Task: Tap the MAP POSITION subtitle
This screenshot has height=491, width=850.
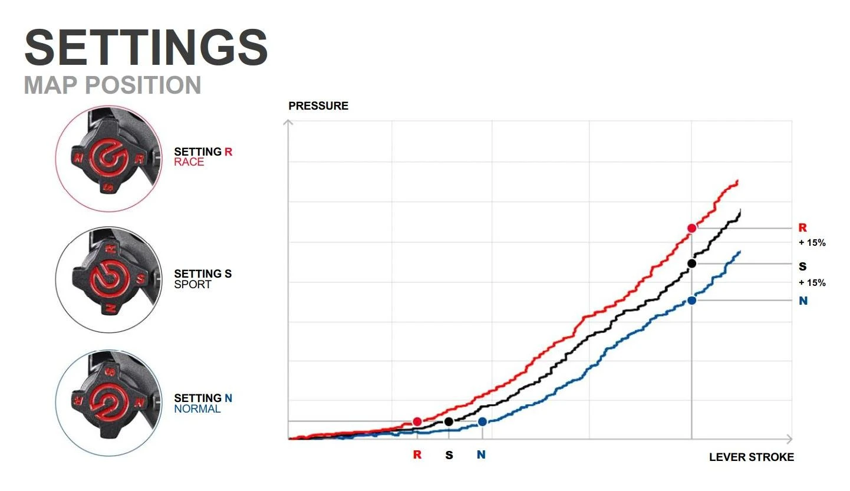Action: pyautogui.click(x=113, y=85)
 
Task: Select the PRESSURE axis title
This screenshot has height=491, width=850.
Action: pyautogui.click(x=318, y=106)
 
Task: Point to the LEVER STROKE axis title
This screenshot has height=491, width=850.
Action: pyautogui.click(x=752, y=457)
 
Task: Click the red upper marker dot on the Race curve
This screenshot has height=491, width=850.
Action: pyautogui.click(x=692, y=228)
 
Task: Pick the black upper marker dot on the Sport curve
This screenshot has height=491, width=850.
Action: pyautogui.click(x=692, y=263)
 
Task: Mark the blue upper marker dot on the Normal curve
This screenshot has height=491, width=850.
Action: pyautogui.click(x=692, y=301)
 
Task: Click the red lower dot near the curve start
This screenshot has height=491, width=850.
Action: pyautogui.click(x=417, y=421)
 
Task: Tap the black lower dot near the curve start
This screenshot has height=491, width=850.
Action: pyautogui.click(x=449, y=421)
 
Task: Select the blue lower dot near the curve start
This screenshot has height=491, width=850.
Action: pyautogui.click(x=482, y=421)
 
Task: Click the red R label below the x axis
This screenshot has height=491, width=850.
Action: pyautogui.click(x=417, y=455)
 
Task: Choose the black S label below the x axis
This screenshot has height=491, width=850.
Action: pyautogui.click(x=449, y=455)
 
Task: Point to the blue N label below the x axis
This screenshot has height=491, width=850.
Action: pyautogui.click(x=482, y=455)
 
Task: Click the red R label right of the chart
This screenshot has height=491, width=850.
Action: pyautogui.click(x=802, y=228)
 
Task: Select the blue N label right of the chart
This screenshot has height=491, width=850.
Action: pyautogui.click(x=803, y=301)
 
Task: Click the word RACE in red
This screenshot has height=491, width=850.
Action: pyautogui.click(x=189, y=162)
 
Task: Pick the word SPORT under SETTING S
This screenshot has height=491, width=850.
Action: pyautogui.click(x=193, y=284)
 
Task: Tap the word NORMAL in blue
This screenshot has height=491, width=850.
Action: pyautogui.click(x=197, y=408)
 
